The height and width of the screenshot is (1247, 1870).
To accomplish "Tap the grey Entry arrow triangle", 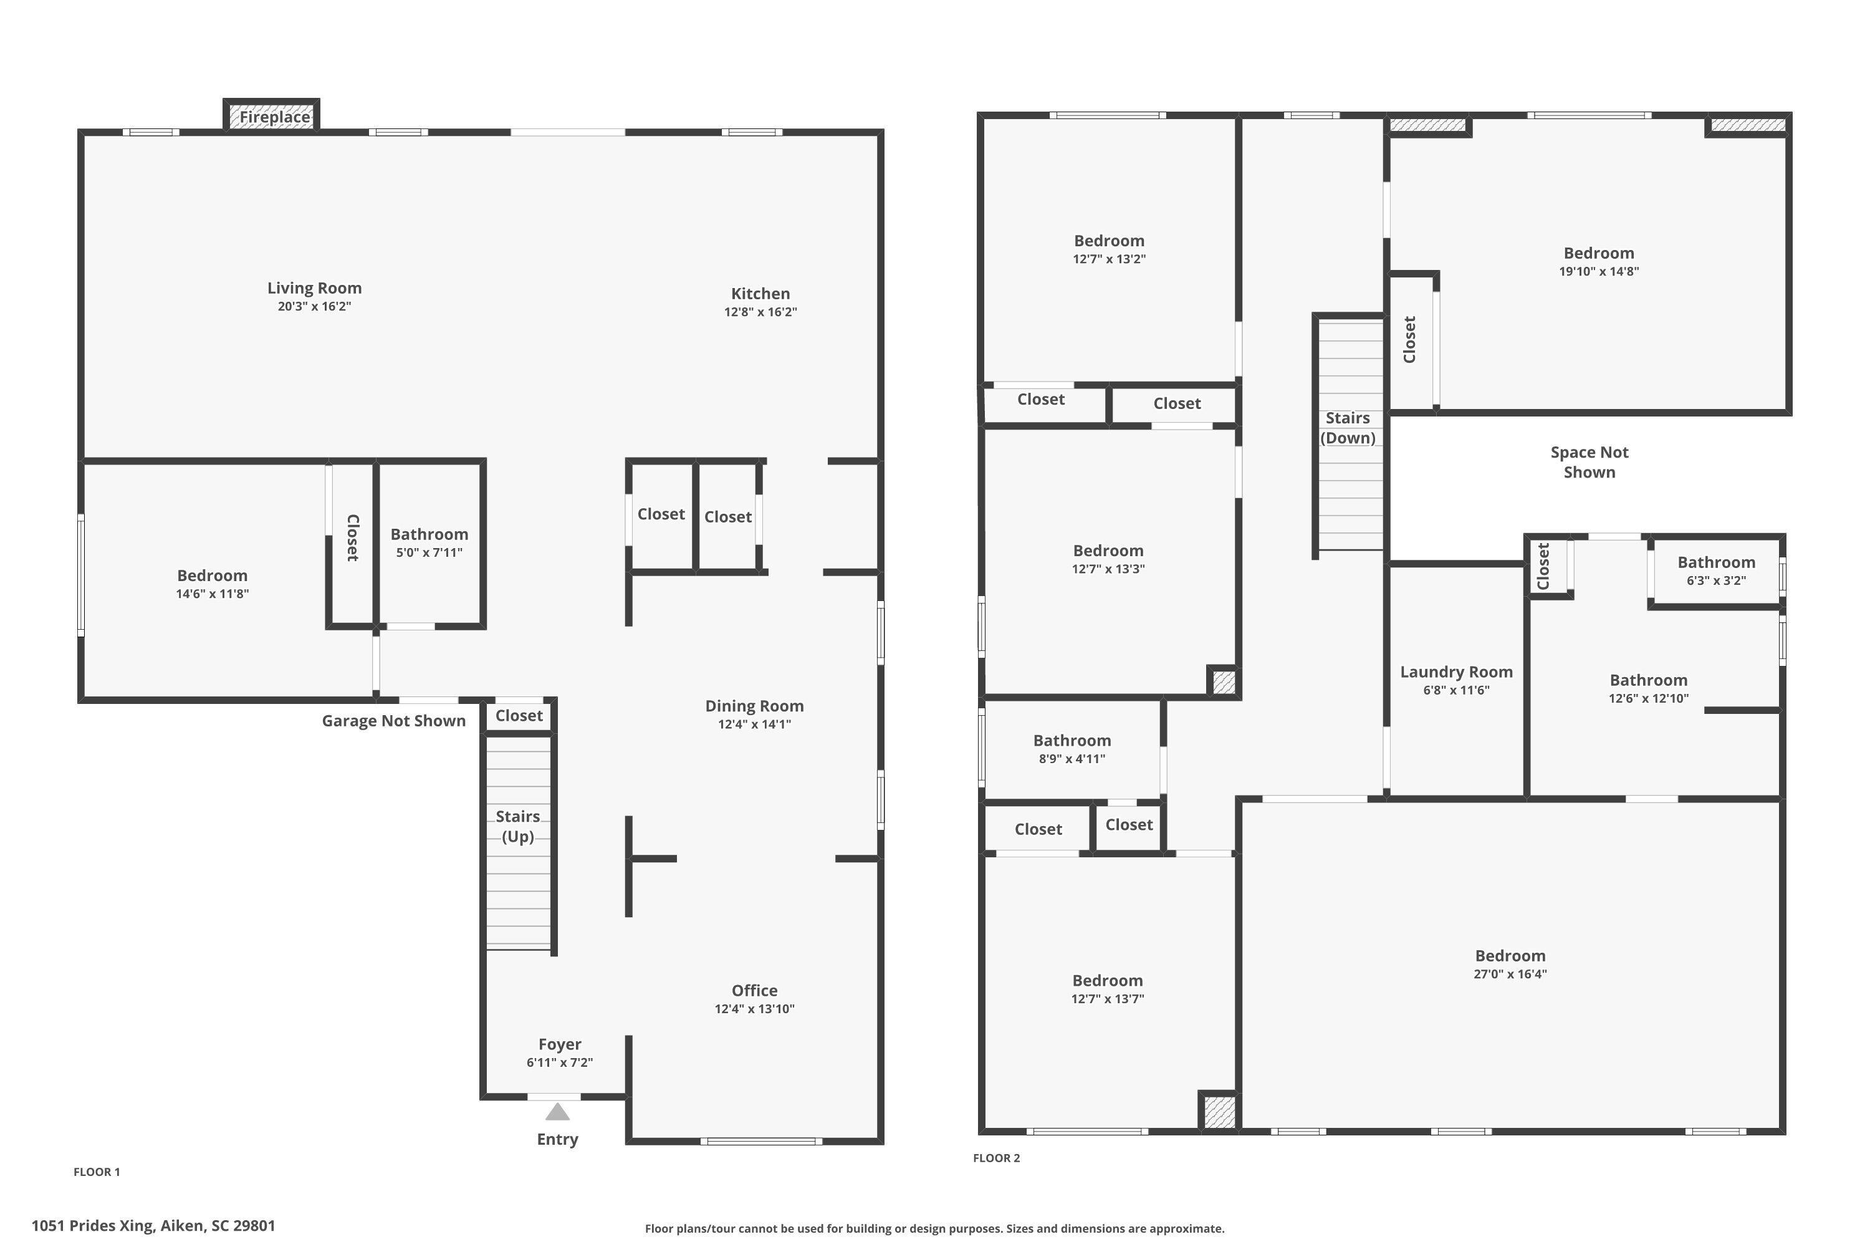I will pos(557,1112).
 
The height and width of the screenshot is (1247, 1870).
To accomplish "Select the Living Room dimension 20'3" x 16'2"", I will pos(314,307).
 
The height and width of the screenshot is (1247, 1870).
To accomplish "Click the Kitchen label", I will pos(760,294).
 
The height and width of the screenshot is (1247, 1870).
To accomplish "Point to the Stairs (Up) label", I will pos(517,826).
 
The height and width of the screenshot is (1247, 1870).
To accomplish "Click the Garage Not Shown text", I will pos(393,721).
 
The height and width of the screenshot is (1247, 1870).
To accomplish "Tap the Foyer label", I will pos(560,1044).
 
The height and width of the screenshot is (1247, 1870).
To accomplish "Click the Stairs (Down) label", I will pos(1348,428).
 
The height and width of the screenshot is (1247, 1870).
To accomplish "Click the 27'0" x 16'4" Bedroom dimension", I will pos(1510,974).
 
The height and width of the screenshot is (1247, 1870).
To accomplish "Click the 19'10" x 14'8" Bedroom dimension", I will pos(1598,271).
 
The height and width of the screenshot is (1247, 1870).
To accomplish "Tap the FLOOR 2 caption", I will pos(996,1158).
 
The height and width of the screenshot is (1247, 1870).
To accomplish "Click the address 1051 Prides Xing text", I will pos(153,1226).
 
